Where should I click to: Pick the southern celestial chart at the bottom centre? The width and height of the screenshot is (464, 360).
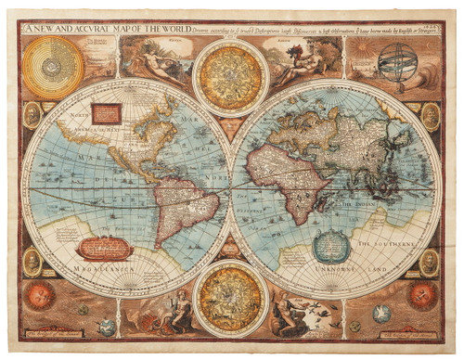pyautogui.click(x=231, y=298)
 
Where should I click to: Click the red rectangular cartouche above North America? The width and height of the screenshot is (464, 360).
pyautogui.click(x=106, y=113)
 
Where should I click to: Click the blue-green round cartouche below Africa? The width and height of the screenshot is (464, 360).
pyautogui.click(x=328, y=247)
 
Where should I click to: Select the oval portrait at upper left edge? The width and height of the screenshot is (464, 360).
pyautogui.click(x=32, y=115)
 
